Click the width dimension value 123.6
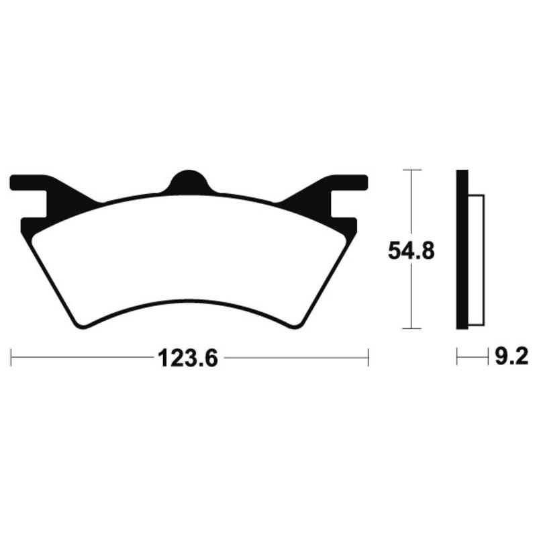pyautogui.click(x=188, y=358)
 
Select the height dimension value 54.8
pyautogui.click(x=411, y=250)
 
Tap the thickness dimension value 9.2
pyautogui.click(x=509, y=356)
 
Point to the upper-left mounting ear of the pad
pyautogui.click(x=30, y=182)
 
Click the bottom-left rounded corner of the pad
pyautogui.click(x=81, y=324)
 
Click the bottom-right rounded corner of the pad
pyautogui.click(x=297, y=324)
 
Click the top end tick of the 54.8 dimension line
pyautogui.click(x=411, y=170)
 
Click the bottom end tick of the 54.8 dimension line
pyautogui.click(x=411, y=329)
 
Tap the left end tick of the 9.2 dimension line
pyautogui.click(x=456, y=356)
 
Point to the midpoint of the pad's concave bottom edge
pyautogui.click(x=189, y=303)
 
